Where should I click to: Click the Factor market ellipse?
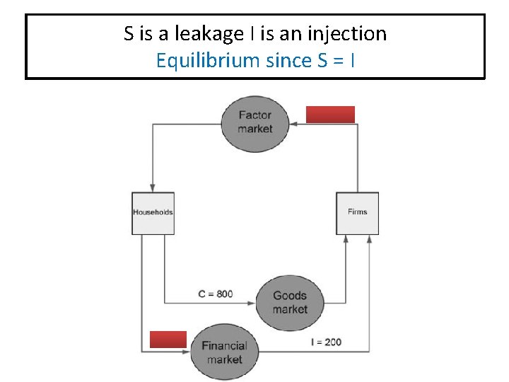pyautogui.click(x=255, y=123)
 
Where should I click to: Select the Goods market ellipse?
pyautogui.click(x=290, y=303)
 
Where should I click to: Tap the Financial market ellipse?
pyautogui.click(x=225, y=352)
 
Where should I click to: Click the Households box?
pyautogui.click(x=153, y=213)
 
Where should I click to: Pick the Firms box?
pyautogui.click(x=357, y=213)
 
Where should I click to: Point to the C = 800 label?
pyautogui.click(x=216, y=294)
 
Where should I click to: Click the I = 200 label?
pyautogui.click(x=326, y=342)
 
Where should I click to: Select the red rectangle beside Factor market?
pyautogui.click(x=330, y=115)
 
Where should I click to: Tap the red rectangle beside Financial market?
pyautogui.click(x=168, y=340)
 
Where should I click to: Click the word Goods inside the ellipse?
pyautogui.click(x=290, y=296)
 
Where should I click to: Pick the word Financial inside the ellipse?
pyautogui.click(x=224, y=346)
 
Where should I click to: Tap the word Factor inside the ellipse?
pyautogui.click(x=255, y=115)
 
